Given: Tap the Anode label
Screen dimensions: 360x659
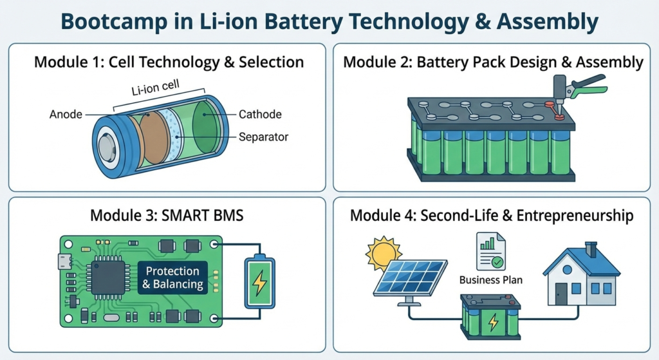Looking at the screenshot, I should pos(66,115).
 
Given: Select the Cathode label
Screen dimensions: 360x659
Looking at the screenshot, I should pos(260,115).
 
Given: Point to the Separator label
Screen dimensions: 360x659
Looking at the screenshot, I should pos(263,137).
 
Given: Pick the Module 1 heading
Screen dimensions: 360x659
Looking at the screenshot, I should pos(168,62).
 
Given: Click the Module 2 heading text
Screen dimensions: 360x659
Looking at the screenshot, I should pos(493,62).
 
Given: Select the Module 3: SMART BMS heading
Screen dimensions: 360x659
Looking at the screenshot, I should pos(167,214).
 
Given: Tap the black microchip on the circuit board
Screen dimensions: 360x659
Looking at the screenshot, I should pos(107,278).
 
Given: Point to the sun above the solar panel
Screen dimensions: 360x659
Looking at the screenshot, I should pos(384,253).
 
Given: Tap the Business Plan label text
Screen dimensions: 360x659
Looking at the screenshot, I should pos(491,279).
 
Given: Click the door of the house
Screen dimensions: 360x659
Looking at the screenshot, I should pos(562,293).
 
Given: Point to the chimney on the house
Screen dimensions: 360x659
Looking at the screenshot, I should pos(591,248).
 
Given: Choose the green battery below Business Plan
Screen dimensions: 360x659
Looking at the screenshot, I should pos(490,315).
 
